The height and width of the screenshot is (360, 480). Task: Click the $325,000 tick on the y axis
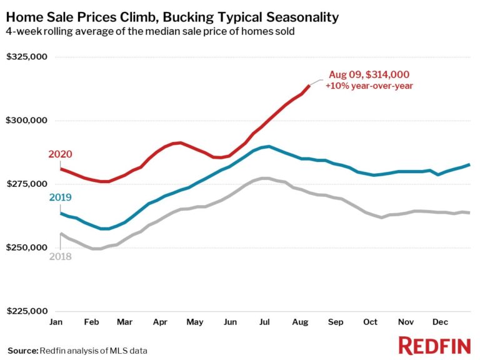click(27, 57)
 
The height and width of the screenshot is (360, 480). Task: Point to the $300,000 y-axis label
click(27, 121)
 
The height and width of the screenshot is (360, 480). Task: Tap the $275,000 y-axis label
click(27, 184)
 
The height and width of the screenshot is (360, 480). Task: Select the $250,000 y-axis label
click(27, 248)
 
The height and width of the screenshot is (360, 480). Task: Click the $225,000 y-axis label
click(27, 311)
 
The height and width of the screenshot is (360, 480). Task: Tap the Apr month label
click(160, 322)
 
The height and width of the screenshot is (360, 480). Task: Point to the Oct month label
click(370, 322)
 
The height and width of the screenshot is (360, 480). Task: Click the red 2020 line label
click(61, 154)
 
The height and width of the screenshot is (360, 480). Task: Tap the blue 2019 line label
click(61, 197)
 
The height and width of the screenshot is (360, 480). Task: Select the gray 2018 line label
click(61, 256)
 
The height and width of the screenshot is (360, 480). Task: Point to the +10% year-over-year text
click(369, 86)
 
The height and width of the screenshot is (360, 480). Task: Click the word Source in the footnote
click(22, 350)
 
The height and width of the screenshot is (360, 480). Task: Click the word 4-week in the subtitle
click(22, 31)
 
